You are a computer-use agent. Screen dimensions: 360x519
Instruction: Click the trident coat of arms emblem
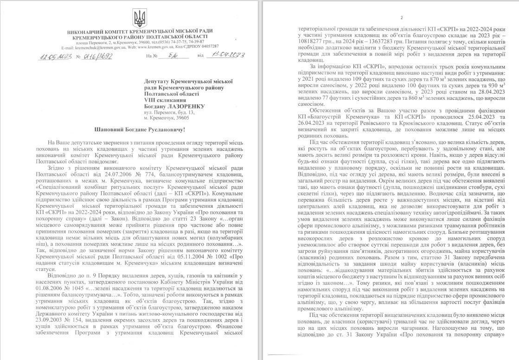(138, 19)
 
